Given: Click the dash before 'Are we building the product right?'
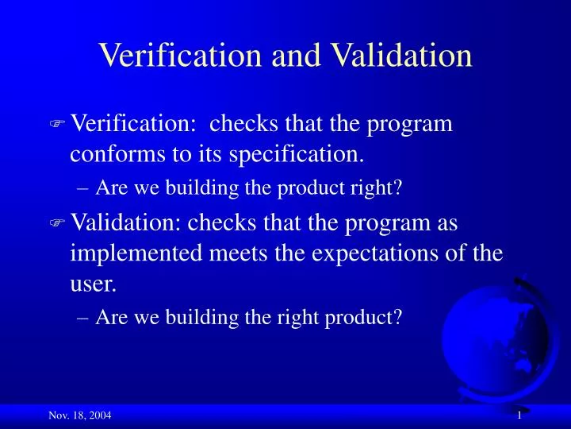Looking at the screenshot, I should [85, 188].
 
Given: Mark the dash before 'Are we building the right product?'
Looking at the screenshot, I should [85, 318].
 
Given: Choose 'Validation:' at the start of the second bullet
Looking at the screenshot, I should [127, 225].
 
